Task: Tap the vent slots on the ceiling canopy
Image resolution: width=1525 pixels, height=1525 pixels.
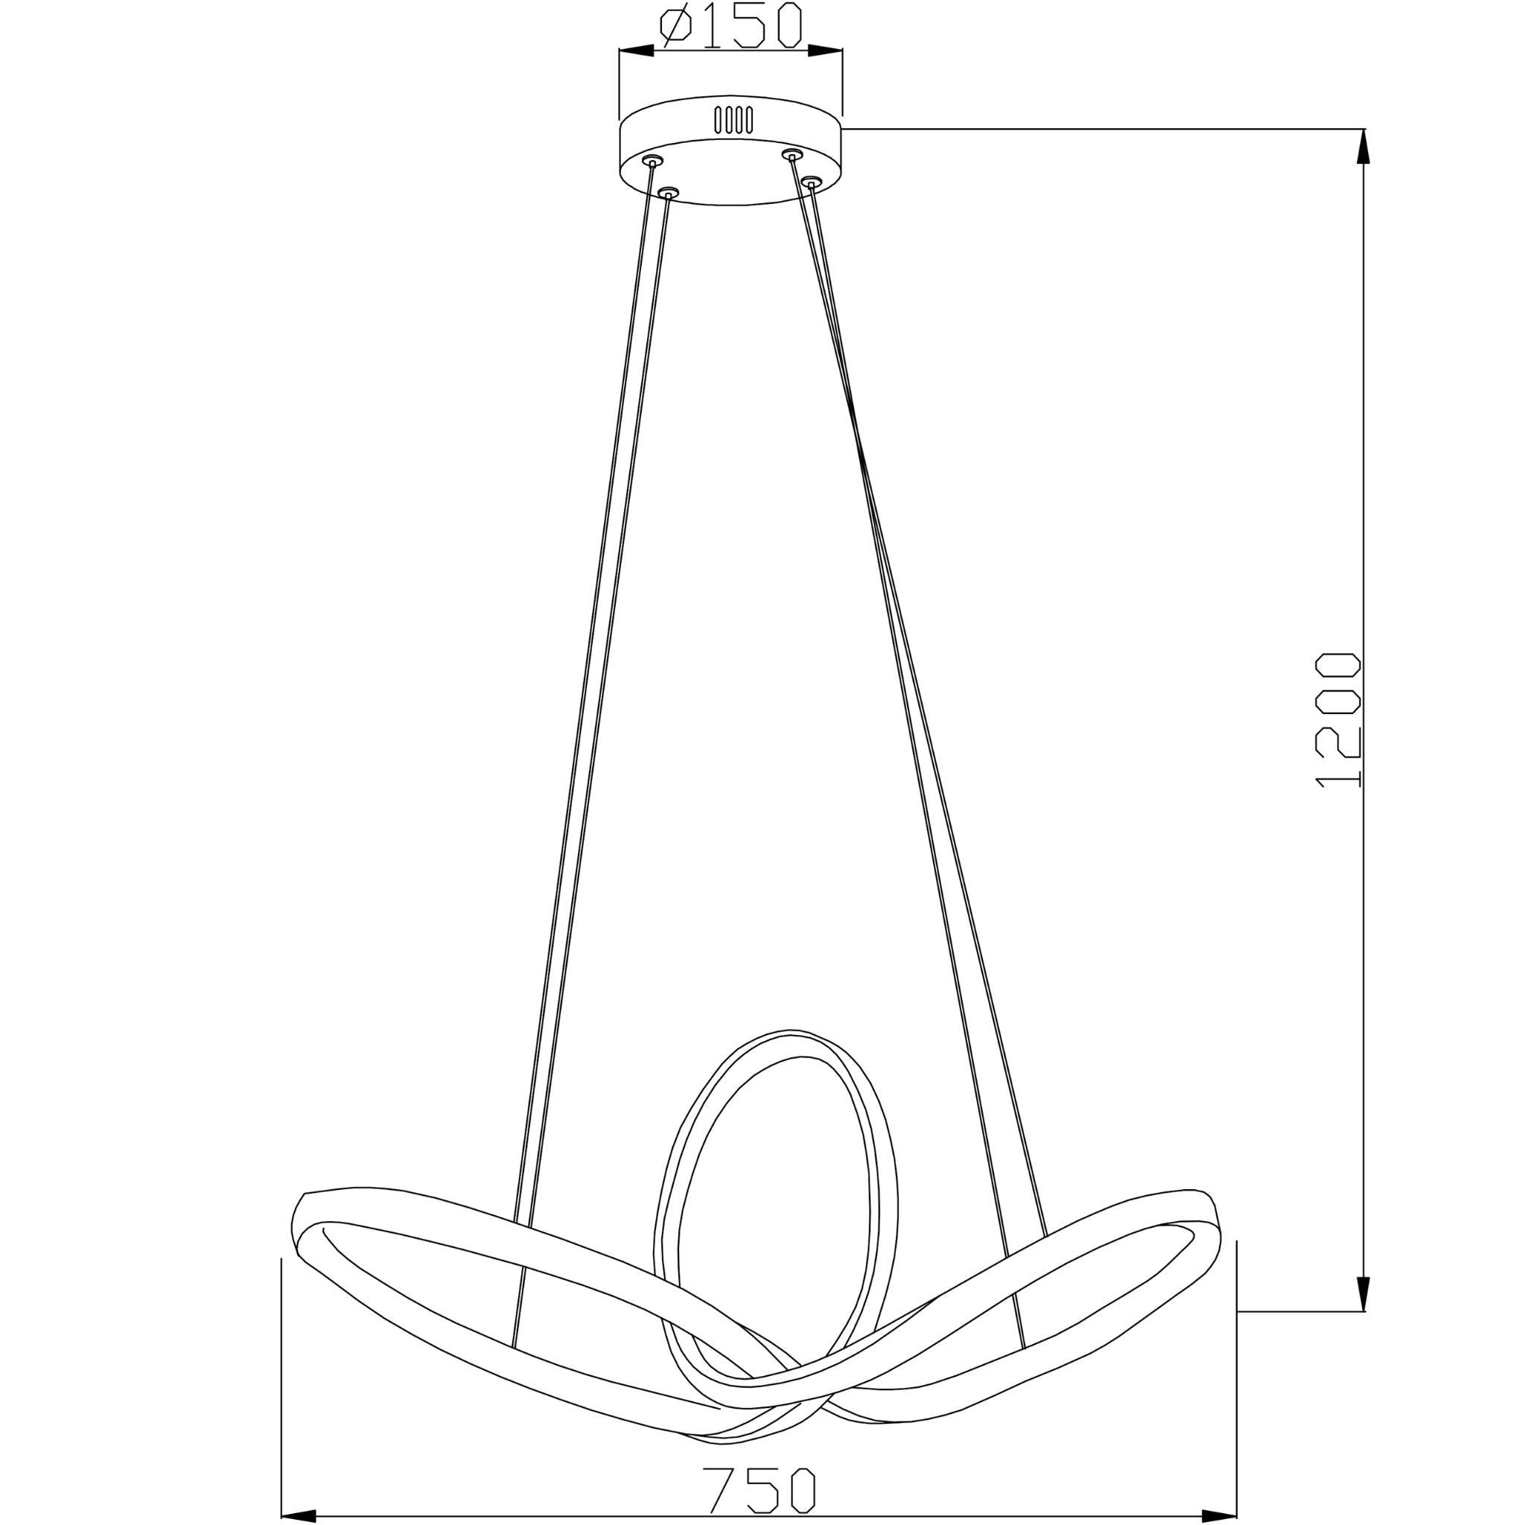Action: coord(733,120)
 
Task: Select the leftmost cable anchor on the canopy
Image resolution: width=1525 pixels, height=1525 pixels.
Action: coord(652,160)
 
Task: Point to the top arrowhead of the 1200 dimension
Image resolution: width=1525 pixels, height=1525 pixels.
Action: coord(1364,145)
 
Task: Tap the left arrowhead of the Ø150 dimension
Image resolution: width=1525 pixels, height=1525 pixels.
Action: coord(636,51)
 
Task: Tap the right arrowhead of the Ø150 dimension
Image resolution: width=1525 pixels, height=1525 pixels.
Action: coord(825,51)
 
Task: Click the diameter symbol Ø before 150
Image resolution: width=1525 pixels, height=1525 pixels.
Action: coord(676,25)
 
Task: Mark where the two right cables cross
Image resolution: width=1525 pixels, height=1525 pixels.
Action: coord(859,458)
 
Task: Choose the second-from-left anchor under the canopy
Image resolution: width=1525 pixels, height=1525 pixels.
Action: coord(669,192)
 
